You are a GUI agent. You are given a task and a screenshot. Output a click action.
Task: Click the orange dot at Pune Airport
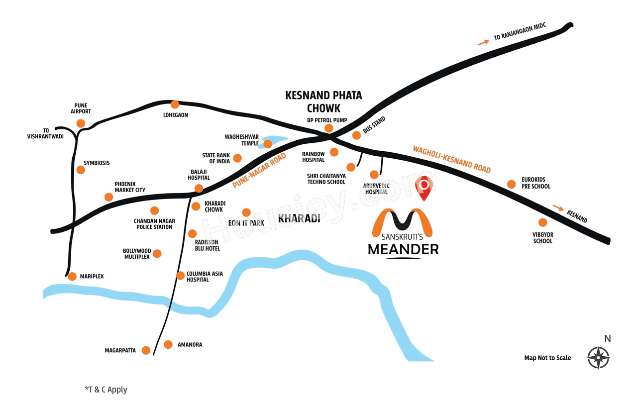(x=81, y=123)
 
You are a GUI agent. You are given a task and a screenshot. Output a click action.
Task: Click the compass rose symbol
(x=598, y=357)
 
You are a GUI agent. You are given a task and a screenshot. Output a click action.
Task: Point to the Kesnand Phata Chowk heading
(x=323, y=102)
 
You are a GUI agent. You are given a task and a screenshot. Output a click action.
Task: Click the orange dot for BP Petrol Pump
(x=328, y=128)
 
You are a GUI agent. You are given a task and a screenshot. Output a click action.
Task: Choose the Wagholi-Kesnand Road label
(x=451, y=159)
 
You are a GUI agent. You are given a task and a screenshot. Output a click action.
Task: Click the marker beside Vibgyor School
(x=542, y=222)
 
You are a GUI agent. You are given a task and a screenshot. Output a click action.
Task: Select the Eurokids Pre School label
(x=535, y=183)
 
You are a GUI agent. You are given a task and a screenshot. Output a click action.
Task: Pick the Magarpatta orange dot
(x=146, y=350)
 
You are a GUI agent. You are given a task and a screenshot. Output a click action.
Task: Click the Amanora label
(x=190, y=344)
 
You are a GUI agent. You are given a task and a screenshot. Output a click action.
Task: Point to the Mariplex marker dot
(x=72, y=276)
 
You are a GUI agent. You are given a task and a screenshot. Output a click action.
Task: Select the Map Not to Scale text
(x=547, y=358)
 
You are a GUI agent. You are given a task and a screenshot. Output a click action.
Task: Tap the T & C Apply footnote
(x=106, y=390)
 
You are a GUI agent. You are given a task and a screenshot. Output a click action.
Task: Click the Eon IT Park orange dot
(x=246, y=212)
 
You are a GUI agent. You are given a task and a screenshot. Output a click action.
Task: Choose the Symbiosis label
(x=97, y=163)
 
